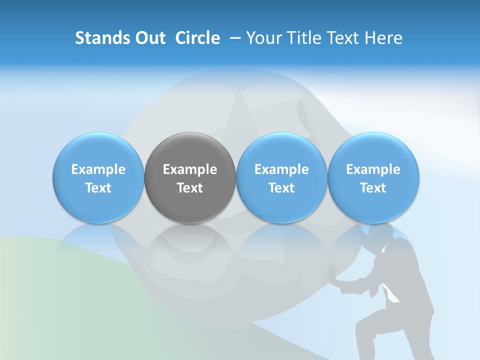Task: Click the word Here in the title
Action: (384, 38)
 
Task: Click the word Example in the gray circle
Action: (190, 169)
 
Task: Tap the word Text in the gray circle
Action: (190, 188)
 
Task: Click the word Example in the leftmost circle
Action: (98, 169)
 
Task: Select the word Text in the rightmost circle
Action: (373, 188)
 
